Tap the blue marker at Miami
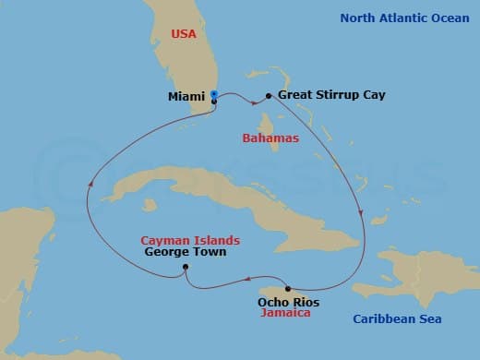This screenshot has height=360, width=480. point(214,94)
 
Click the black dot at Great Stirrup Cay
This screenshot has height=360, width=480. point(269,95)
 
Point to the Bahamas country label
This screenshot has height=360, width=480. point(271,138)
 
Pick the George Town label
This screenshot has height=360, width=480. point(185,251)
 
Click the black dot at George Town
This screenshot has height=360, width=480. point(186,268)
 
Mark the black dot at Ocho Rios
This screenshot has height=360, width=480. point(288,288)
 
